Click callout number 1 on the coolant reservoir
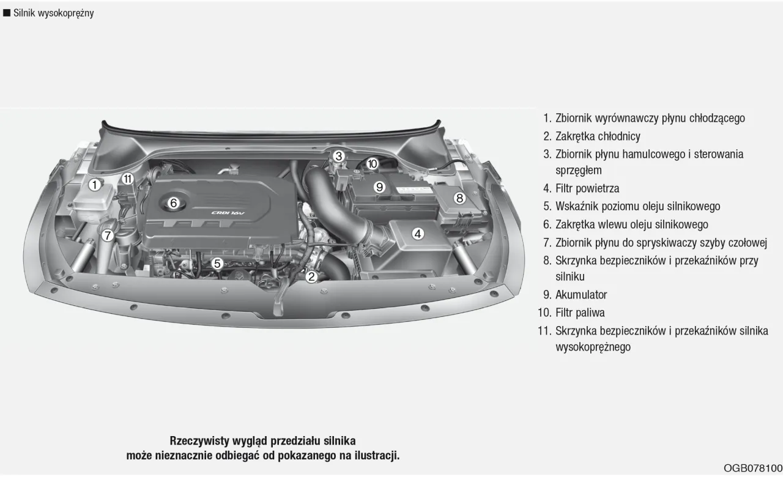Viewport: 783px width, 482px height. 94,184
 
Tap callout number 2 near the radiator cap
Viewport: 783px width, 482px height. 311,276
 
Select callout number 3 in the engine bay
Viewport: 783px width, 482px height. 339,156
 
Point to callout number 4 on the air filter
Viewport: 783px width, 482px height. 418,233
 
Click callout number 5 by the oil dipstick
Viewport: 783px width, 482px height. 217,264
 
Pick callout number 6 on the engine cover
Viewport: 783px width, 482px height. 173,202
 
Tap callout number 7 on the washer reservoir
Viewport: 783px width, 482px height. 108,235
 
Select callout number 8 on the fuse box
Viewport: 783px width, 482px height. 459,198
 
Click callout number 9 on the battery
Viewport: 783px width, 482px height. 379,187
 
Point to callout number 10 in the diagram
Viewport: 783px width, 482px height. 372,164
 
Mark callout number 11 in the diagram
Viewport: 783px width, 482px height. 127,179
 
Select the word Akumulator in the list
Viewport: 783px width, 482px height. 581,295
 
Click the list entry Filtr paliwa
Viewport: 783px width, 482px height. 580,313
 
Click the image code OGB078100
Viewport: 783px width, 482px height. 752,469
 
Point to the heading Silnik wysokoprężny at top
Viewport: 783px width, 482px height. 53,13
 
